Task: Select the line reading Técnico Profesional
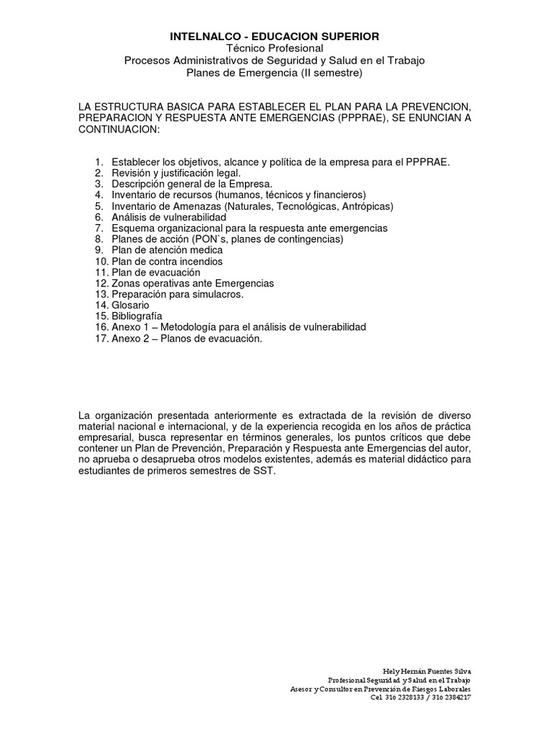coord(274,48)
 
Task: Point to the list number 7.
coord(99,228)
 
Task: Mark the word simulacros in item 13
coord(218,294)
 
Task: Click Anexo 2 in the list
coord(130,339)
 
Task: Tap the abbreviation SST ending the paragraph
coord(264,472)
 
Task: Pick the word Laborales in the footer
coord(450,689)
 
